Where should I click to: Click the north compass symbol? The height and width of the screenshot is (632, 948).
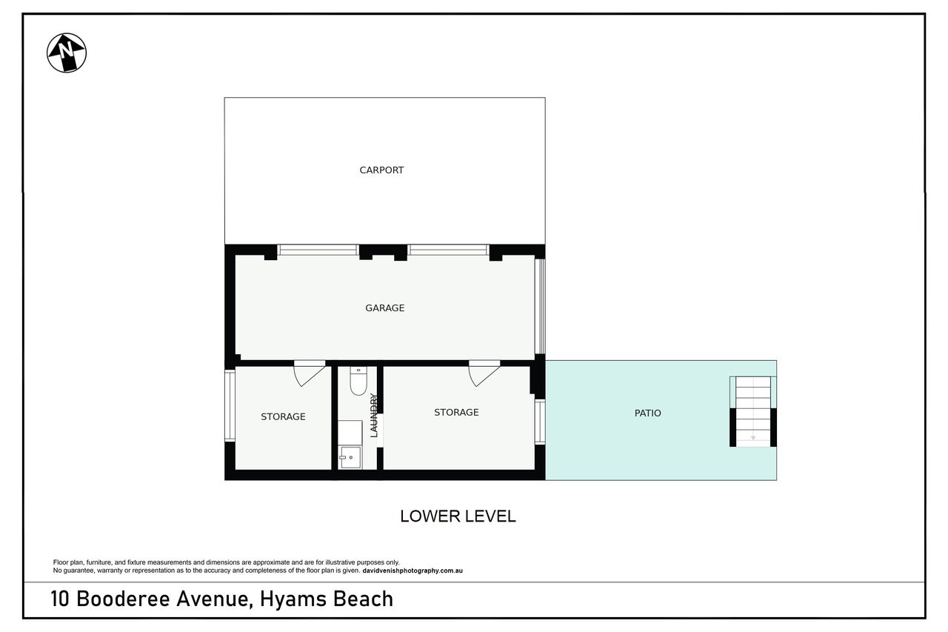coord(67,53)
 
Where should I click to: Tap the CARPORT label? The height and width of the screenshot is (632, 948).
coord(381,170)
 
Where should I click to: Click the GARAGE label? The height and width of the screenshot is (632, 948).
coord(384,308)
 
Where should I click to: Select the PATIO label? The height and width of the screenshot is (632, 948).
coord(647,413)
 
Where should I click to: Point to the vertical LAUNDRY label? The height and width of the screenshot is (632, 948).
coord(374,415)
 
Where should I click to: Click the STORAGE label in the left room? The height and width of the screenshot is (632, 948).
coord(283,417)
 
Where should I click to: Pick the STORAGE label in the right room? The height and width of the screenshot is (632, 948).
coord(456,412)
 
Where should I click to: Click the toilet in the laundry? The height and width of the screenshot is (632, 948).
coord(358,381)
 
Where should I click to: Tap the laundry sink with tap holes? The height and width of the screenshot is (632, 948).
coord(350,457)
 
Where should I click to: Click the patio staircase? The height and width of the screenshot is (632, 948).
coord(753,411)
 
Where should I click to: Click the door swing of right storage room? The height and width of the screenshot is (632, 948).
coord(484,373)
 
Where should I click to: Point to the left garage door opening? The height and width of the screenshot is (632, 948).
coord(318,250)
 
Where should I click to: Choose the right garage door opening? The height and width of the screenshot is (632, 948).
coord(448,250)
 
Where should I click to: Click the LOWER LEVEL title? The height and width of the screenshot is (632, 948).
coord(458,516)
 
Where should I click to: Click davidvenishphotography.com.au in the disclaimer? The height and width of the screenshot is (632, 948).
coord(413,571)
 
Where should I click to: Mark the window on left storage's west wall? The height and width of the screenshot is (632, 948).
coord(230,405)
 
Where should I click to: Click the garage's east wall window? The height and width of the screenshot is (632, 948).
coord(540,306)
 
